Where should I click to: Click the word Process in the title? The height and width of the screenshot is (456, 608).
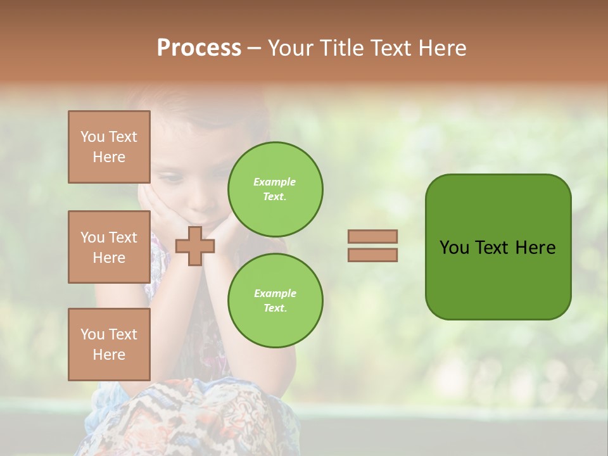tap(199, 48)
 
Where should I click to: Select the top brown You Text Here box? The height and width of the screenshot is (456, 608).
tap(109, 147)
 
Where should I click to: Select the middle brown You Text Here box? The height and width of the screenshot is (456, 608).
tap(109, 247)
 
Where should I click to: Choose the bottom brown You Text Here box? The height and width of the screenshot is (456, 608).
tap(109, 345)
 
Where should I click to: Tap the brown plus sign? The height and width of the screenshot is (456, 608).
tap(194, 246)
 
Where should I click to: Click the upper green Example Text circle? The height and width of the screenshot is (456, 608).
tap(275, 189)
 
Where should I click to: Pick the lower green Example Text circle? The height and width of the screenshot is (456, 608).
tap(275, 301)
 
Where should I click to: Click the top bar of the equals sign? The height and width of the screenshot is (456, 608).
tap(372, 236)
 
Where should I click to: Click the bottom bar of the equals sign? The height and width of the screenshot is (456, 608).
tap(372, 255)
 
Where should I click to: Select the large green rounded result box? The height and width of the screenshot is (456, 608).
tap(498, 246)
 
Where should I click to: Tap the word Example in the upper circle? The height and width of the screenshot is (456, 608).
tap(275, 182)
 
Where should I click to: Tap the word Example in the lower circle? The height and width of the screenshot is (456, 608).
tap(275, 294)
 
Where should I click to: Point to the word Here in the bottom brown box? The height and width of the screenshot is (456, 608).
tap(109, 355)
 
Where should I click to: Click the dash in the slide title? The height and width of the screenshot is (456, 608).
tap(254, 48)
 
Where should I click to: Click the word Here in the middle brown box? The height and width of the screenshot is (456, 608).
tap(109, 258)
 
